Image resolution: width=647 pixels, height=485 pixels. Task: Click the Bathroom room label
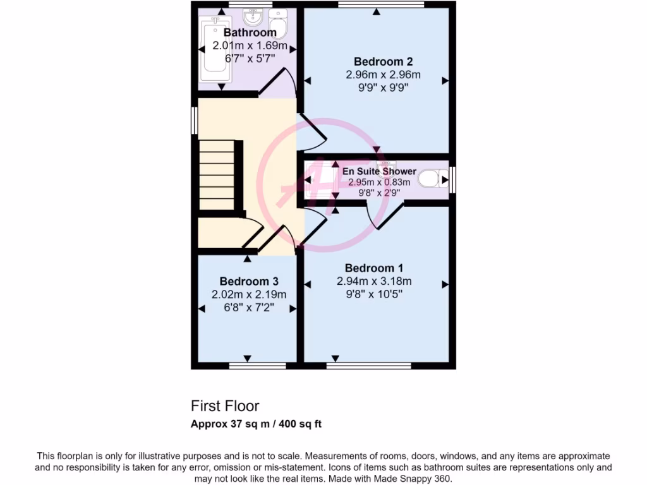[250, 32]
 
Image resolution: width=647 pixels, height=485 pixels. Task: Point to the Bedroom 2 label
[383, 61]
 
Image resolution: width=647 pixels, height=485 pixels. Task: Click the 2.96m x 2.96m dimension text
[383, 75]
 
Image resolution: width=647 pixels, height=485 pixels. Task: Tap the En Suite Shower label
[379, 171]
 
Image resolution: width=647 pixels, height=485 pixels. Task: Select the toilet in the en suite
[432, 179]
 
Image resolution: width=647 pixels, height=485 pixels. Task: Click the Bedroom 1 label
[375, 268]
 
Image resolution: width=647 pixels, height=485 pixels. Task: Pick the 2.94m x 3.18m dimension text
[375, 281]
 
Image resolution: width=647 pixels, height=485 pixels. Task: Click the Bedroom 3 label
[249, 281]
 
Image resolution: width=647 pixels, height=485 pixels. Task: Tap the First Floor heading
[225, 406]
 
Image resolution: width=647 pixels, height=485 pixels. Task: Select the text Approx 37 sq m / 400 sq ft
[256, 424]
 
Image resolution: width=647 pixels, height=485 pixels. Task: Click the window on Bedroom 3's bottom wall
[248, 366]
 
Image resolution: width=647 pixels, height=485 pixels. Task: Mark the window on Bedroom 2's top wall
[380, 4]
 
